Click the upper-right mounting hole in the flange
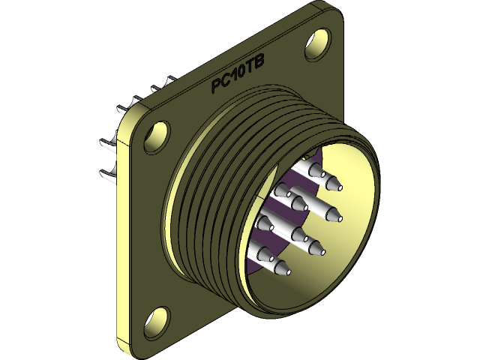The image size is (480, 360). click(318, 42)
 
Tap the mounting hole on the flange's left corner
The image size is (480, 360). click(157, 137)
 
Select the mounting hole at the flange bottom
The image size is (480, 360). click(159, 319)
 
